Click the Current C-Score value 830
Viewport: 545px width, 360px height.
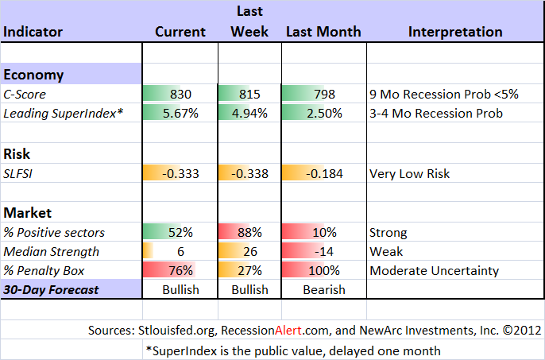180,95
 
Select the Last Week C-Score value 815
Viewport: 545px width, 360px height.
249,95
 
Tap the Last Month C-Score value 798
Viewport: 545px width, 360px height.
324,95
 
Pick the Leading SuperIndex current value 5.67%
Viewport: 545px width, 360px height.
180,114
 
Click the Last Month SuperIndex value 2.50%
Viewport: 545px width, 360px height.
324,114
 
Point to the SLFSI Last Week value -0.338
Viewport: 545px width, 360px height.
249,173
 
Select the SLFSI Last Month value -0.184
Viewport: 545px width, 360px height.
324,173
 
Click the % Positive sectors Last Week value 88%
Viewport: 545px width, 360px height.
249,232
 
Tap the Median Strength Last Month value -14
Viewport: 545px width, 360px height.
324,251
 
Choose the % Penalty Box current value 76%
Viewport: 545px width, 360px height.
180,271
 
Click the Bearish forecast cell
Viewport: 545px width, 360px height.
324,290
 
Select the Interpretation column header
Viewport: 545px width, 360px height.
455,32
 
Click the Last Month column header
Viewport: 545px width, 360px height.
323,32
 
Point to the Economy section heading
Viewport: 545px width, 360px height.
33,75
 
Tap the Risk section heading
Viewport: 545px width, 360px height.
17,154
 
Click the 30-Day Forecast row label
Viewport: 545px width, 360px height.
51,290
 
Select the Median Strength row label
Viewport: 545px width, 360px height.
51,251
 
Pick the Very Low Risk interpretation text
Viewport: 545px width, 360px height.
409,173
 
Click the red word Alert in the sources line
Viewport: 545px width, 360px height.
288,330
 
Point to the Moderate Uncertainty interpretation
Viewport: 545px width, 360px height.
434,271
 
